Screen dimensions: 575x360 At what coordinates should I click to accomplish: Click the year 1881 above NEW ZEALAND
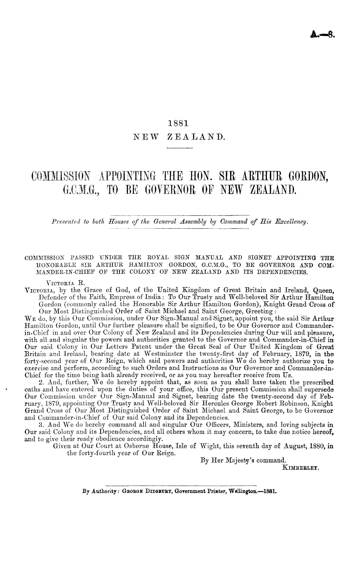179,123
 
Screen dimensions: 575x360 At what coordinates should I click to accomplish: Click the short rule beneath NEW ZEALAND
179,148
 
